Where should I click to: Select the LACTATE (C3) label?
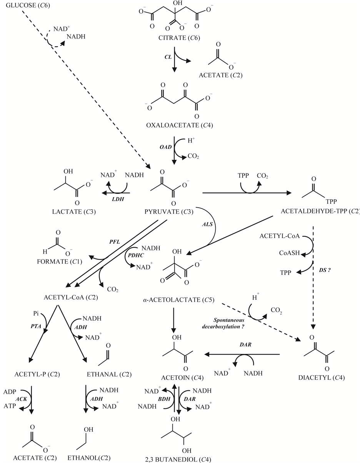tap(72, 212)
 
